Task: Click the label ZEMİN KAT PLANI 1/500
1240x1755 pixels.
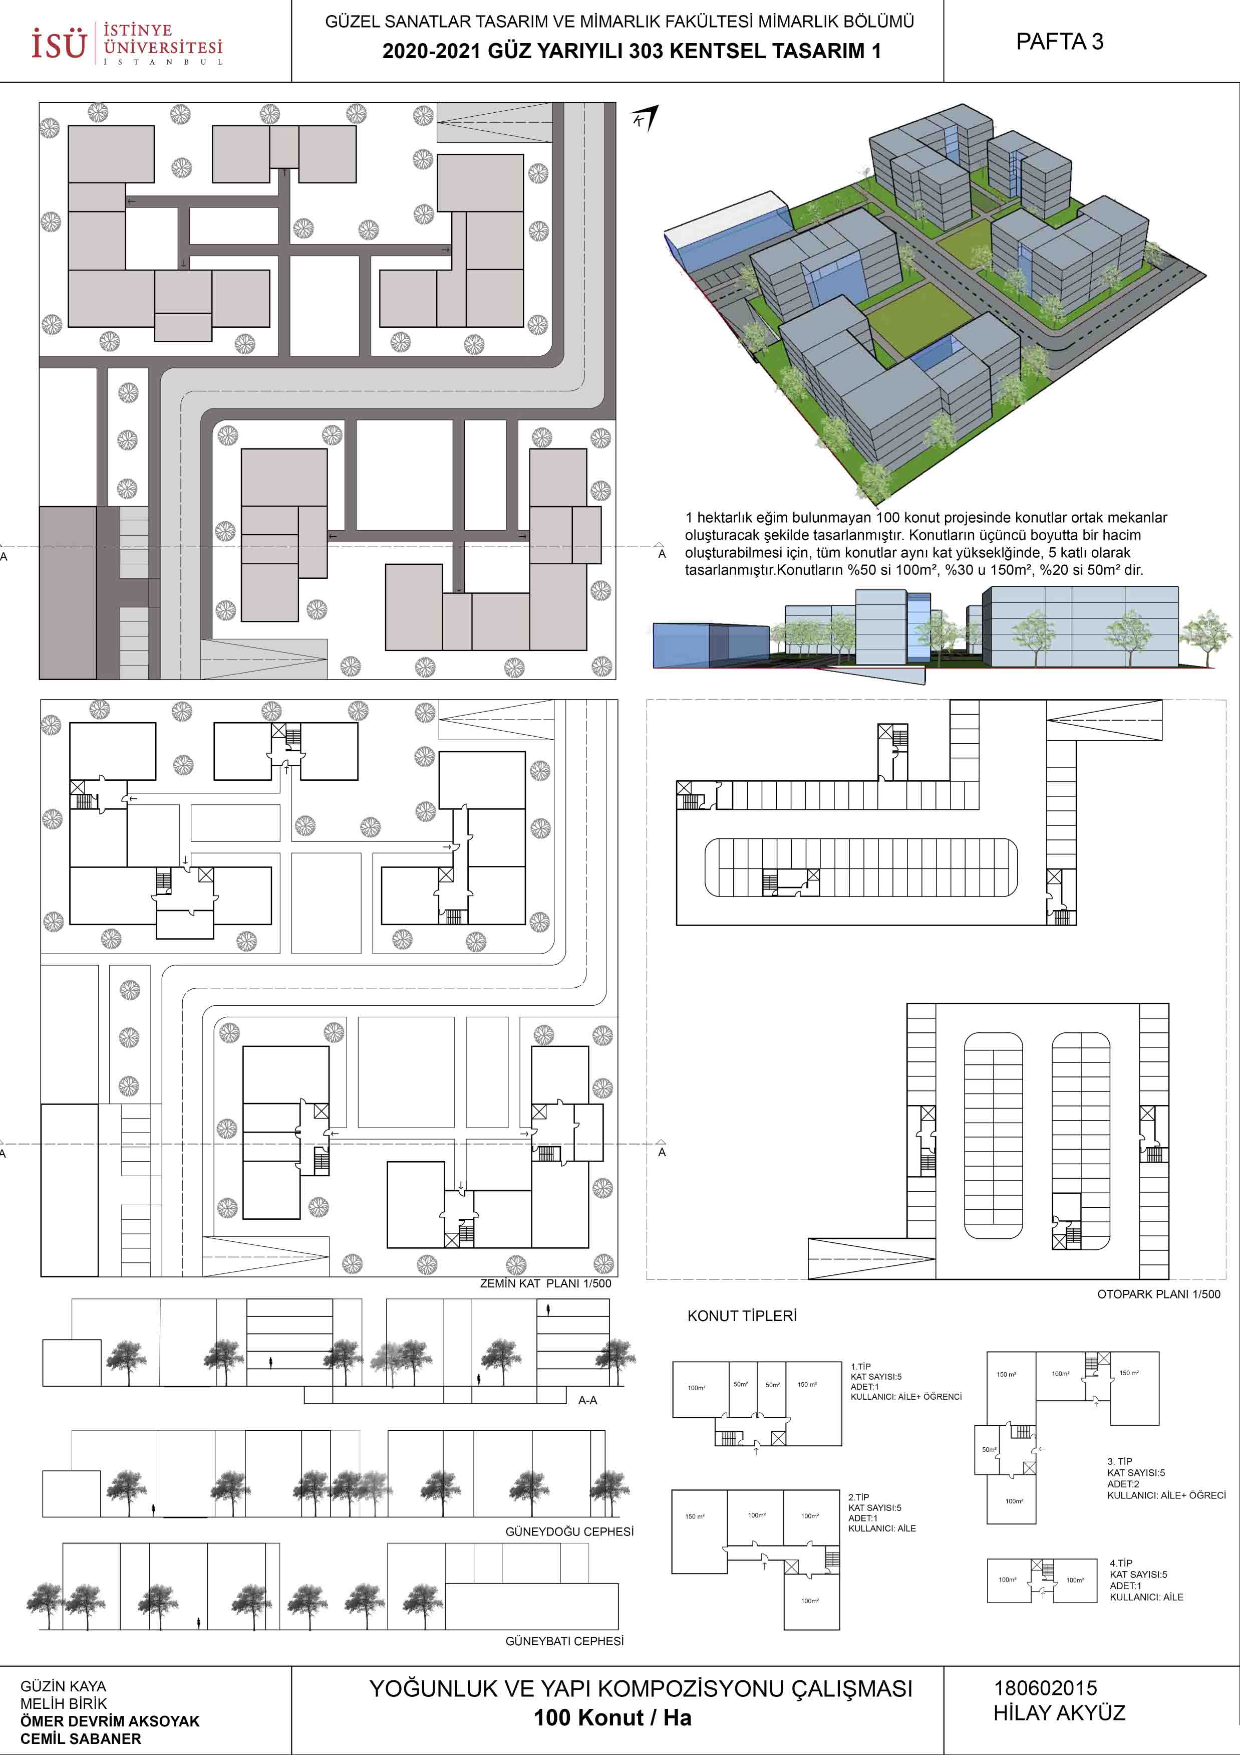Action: click(545, 1283)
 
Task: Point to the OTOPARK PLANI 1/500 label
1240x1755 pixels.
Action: click(1159, 1294)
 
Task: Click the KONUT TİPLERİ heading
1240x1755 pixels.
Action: click(742, 1315)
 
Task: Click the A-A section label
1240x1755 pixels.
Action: click(587, 1400)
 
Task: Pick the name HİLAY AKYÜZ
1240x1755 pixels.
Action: click(1059, 1713)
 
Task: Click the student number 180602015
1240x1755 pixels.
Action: click(1045, 1688)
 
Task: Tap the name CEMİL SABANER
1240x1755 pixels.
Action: click(81, 1738)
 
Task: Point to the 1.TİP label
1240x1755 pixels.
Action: click(860, 1367)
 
